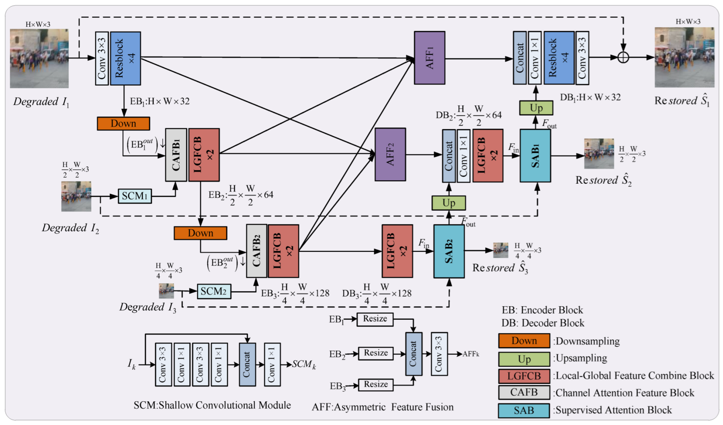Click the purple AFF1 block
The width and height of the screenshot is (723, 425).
pyautogui.click(x=429, y=58)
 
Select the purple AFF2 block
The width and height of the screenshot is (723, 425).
pyautogui.click(x=390, y=155)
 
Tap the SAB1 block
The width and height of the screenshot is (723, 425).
pyautogui.click(x=535, y=156)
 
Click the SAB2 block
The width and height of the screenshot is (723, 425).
pyautogui.click(x=449, y=251)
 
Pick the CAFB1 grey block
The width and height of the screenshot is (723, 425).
pyautogui.click(x=176, y=155)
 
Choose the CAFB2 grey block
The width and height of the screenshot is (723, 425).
pyautogui.click(x=256, y=251)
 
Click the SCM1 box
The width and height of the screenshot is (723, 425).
pyautogui.click(x=135, y=196)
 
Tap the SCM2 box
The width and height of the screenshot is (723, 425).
pyautogui.click(x=214, y=292)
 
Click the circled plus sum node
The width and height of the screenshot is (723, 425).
pyautogui.click(x=623, y=58)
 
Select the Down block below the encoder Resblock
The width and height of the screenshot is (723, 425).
pyautogui.click(x=123, y=124)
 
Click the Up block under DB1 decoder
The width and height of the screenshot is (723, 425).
pyautogui.click(x=536, y=108)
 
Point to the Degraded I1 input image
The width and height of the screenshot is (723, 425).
pyautogui.click(x=39, y=58)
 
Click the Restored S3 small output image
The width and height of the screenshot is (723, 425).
pyautogui.click(x=501, y=250)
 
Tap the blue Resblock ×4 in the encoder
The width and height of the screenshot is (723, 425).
pyautogui.click(x=125, y=58)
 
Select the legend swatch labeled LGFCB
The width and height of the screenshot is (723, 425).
pyautogui.click(x=524, y=376)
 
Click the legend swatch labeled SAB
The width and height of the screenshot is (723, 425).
pyautogui.click(x=524, y=410)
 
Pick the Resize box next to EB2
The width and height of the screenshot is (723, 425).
pyautogui.click(x=375, y=353)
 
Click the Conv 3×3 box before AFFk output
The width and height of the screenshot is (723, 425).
pyautogui.click(x=439, y=354)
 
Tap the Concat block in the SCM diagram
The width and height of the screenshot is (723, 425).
pyautogui.click(x=247, y=364)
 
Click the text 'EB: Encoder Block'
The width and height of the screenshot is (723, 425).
pyautogui.click(x=542, y=310)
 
